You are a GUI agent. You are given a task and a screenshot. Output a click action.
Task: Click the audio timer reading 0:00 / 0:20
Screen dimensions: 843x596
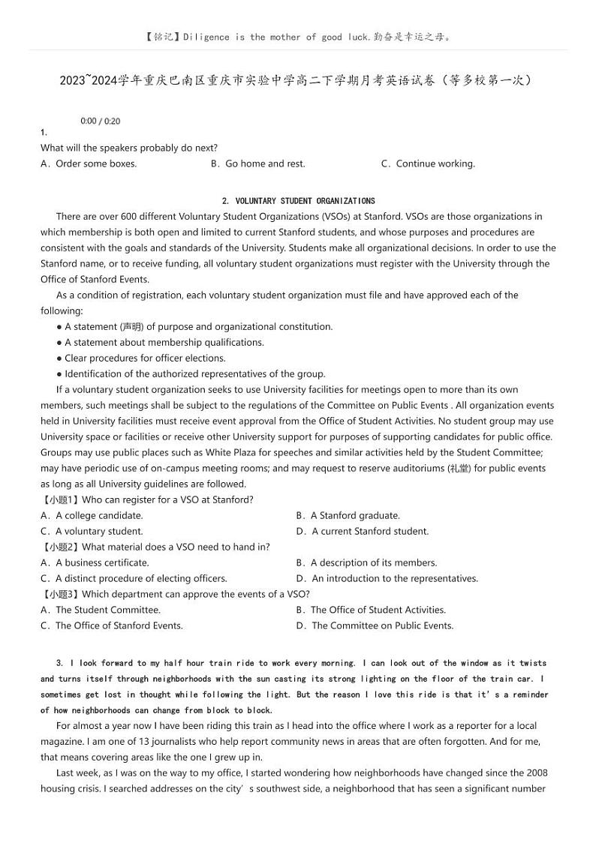[100, 121]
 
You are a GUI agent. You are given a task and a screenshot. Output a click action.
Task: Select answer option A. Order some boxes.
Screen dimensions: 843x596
[89, 163]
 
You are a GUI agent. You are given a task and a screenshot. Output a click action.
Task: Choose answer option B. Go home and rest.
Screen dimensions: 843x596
[257, 163]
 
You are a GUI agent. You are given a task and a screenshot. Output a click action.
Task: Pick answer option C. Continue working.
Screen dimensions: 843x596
[428, 163]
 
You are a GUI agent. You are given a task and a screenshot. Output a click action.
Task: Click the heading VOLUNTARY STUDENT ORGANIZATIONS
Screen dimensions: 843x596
[299, 201]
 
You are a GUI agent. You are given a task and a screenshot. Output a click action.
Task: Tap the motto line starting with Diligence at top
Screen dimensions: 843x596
[298, 36]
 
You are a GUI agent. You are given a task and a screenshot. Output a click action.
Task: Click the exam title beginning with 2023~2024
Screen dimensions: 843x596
[298, 79]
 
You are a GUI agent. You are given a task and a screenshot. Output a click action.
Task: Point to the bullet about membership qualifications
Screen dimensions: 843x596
[160, 342]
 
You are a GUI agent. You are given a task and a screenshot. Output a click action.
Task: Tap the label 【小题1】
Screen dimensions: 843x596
[59, 499]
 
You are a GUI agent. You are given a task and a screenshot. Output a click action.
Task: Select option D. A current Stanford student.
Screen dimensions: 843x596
[363, 531]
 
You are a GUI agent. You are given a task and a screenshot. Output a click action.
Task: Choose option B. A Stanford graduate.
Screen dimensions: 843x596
[348, 515]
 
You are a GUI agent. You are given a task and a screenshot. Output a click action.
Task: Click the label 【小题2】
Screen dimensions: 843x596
[59, 547]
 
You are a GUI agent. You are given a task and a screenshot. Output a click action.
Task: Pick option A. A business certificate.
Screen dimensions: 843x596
[95, 562]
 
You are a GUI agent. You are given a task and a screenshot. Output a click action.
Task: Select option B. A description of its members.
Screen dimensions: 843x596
[366, 562]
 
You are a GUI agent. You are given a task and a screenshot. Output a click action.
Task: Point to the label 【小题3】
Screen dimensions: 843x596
[59, 594]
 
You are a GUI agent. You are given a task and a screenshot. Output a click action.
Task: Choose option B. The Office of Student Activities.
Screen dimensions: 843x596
[371, 610]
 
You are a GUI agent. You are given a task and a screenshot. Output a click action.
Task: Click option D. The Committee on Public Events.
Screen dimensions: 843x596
[375, 625]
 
